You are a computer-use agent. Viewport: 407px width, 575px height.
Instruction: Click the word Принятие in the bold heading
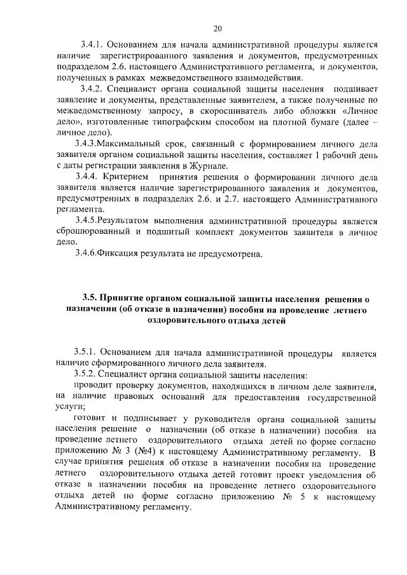tap(130, 297)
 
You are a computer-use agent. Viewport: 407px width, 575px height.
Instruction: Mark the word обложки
tap(299, 109)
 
